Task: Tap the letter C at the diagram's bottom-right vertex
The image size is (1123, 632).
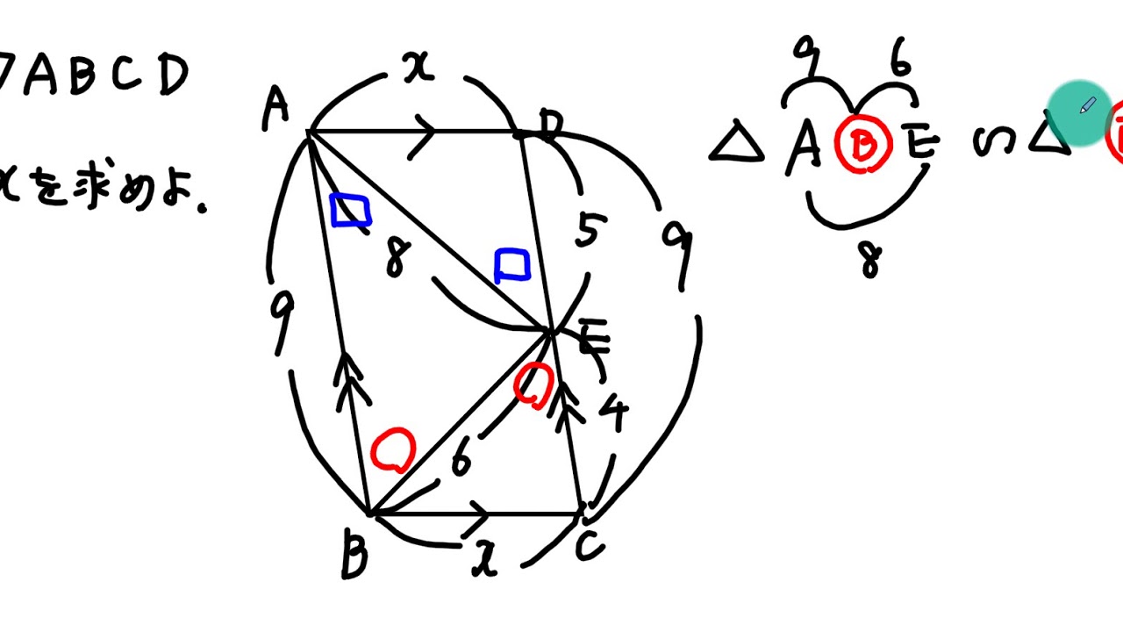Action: (x=590, y=547)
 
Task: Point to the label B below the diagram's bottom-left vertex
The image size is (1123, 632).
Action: (x=354, y=557)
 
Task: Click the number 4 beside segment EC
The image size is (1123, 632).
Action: (x=613, y=414)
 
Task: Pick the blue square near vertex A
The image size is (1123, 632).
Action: (x=349, y=211)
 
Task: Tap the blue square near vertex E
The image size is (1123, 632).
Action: (x=512, y=265)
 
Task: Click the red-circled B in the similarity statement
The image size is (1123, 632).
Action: (x=863, y=146)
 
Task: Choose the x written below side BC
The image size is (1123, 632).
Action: (x=484, y=559)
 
